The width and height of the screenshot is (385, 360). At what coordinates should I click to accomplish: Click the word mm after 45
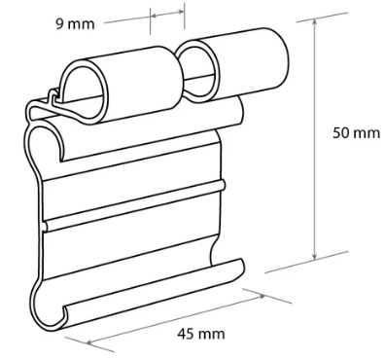point(212,334)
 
